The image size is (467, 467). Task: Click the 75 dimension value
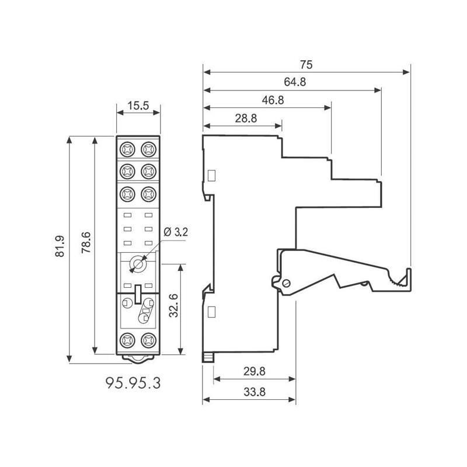(306, 65)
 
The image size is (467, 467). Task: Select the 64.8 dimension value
(295, 82)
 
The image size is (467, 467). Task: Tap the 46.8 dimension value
(273, 100)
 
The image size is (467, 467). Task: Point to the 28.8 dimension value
(246, 119)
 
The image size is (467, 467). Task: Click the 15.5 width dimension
(138, 106)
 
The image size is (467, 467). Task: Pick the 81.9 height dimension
(60, 246)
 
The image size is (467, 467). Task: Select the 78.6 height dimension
(86, 242)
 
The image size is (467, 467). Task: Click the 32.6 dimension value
(173, 305)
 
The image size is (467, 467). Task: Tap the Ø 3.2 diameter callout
(176, 232)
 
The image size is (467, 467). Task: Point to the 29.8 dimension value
(254, 371)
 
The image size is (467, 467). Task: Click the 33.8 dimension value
(255, 392)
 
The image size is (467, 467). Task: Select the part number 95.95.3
(133, 383)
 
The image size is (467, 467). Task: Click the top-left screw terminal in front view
(127, 149)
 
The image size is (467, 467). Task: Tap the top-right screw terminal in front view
(149, 149)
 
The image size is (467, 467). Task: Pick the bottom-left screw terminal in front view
(127, 340)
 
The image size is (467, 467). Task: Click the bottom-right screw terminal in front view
(149, 340)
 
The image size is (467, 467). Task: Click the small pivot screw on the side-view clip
(287, 283)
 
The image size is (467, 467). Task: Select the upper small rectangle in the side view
(211, 176)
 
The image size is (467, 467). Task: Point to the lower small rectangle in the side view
(211, 312)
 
